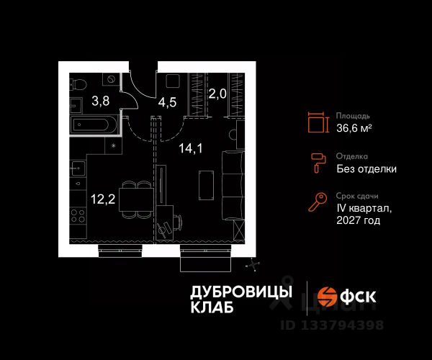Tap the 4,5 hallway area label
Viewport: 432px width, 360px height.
click(167, 102)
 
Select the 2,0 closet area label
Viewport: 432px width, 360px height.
click(217, 93)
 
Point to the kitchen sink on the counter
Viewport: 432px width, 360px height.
click(78, 172)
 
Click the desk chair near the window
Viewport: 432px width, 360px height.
click(165, 225)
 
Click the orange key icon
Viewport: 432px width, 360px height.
click(317, 203)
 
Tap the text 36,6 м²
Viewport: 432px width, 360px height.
click(354, 128)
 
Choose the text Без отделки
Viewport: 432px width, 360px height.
click(366, 169)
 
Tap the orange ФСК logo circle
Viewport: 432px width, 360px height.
click(328, 296)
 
